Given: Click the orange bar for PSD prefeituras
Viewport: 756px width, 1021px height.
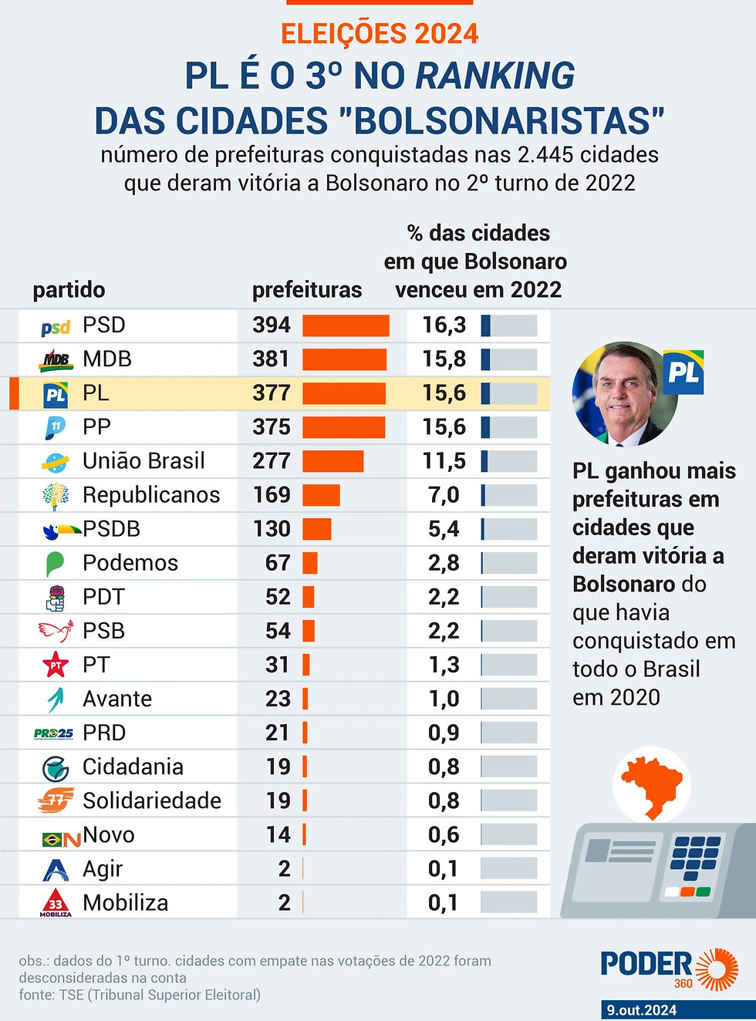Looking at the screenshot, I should pos(346,325).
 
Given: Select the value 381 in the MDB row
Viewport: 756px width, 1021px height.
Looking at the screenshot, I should pos(271,359).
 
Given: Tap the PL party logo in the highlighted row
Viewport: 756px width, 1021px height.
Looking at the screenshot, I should pos(56,394).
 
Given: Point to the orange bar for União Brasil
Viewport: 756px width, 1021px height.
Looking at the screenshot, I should pos(332,461).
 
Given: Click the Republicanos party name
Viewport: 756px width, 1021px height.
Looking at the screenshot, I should pos(151,495).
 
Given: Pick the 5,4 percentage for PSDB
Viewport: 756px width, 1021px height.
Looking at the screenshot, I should pos(444,529).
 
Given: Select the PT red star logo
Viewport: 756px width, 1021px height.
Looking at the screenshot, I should pos(56,665).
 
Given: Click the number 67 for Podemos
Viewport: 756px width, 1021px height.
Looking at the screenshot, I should pos(278,563).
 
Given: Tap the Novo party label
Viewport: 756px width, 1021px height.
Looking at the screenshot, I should pos(109,835).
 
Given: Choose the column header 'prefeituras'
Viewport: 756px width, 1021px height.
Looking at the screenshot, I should pos(307,290).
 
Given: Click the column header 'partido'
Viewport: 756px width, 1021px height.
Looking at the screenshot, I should pos(69,290).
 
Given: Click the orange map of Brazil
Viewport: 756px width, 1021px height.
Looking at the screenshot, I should pos(653,784).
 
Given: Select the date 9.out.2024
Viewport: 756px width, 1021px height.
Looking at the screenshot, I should pos(641,1010).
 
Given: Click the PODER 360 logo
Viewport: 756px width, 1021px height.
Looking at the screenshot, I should pos(668,969).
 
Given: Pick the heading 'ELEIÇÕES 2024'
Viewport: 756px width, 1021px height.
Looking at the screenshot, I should pos(380,34).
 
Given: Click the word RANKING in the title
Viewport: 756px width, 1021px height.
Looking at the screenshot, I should pos(495,76).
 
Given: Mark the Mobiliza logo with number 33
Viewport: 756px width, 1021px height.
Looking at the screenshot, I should pos(56,903).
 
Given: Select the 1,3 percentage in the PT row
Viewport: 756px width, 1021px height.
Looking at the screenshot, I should pos(444,665).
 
